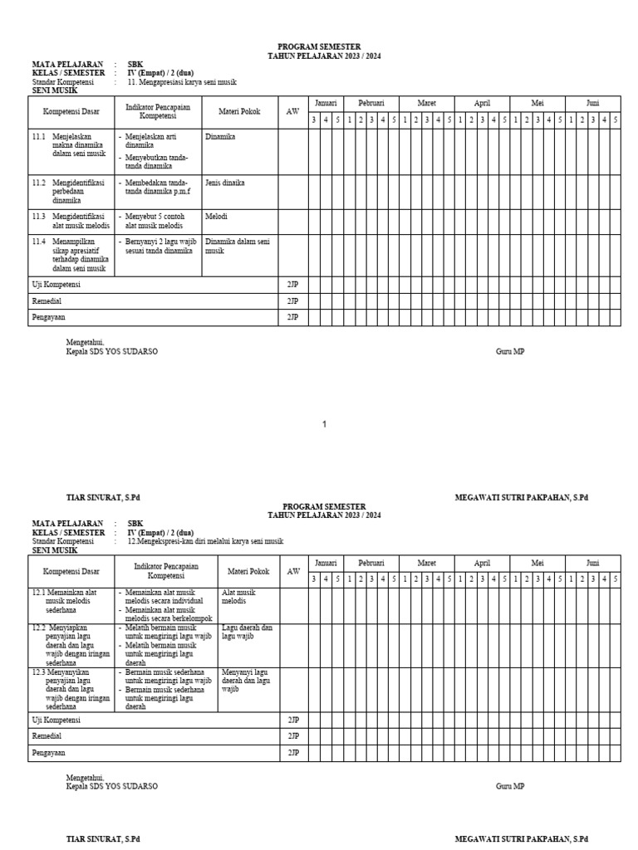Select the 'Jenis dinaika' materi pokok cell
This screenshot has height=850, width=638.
pos(224,182)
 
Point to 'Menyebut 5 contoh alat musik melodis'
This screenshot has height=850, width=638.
pos(158,220)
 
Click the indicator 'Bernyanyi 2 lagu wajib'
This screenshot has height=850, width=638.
pos(158,246)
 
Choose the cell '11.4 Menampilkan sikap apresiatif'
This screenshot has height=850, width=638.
pos(71,255)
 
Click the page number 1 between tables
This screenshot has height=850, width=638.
pos(324,424)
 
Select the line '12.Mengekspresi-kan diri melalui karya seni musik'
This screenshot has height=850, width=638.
pos(204,540)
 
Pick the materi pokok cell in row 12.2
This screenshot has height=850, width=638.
pos(248,633)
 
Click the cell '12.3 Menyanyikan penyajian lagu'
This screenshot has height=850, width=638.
pos(71,688)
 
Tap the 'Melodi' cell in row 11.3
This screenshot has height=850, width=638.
pos(216,216)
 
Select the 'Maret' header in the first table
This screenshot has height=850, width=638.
pos(426,103)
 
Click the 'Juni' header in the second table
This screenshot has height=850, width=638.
pos(592,562)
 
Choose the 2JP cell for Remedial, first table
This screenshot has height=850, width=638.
pos(292,300)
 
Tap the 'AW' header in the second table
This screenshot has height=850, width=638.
pos(293,571)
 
